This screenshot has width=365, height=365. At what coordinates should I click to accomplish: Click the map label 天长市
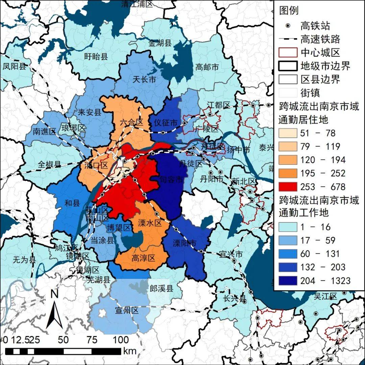pos(144,80)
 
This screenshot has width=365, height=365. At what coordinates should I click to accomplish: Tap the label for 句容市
pos(171,179)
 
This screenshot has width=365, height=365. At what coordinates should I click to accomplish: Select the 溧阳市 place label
pos(185,243)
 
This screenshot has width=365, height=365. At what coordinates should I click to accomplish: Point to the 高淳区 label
pos(143,259)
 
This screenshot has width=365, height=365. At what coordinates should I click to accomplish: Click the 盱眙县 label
pos(96,56)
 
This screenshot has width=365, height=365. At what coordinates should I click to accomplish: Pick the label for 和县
pos(72,203)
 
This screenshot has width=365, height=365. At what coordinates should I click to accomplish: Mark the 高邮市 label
pos(207,67)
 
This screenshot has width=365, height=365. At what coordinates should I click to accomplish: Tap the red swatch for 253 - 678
pos(288,187)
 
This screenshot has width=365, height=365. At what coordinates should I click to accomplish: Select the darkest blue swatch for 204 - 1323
pos(288,281)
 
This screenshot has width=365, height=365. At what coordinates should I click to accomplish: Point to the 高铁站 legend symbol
pos(288,26)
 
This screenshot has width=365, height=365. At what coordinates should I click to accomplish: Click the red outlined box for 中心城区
pos(288,53)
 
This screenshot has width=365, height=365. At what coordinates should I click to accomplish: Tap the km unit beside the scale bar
pos(130,351)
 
